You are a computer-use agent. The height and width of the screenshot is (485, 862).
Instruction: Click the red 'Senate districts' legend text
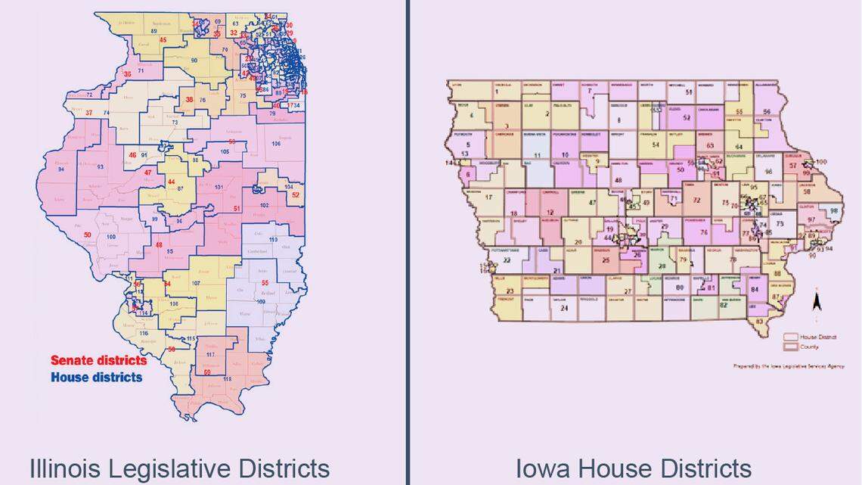click(98, 361)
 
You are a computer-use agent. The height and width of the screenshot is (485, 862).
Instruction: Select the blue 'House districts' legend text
click(96, 376)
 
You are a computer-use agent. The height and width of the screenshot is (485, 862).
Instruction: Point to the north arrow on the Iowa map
click(817, 302)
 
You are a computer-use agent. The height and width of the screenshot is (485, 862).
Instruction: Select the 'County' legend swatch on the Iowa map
click(790, 347)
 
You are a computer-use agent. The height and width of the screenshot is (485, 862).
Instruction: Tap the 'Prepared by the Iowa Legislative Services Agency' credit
click(788, 366)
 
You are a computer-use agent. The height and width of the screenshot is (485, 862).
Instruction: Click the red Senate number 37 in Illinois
click(89, 113)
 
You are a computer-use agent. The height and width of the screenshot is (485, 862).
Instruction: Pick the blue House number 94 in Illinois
click(60, 169)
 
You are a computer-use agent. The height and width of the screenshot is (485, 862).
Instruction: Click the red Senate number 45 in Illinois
click(163, 39)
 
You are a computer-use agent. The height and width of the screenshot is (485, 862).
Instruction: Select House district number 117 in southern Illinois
click(210, 354)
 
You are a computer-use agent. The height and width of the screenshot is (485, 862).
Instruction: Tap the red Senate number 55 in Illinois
click(265, 283)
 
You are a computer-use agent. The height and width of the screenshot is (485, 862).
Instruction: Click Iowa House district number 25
click(606, 260)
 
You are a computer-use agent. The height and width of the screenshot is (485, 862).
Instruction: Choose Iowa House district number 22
click(507, 260)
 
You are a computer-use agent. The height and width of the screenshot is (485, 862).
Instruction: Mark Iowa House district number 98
click(834, 211)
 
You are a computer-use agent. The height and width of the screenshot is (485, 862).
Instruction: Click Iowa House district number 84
click(754, 289)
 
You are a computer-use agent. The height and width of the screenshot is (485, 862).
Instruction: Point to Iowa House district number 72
click(696, 201)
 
